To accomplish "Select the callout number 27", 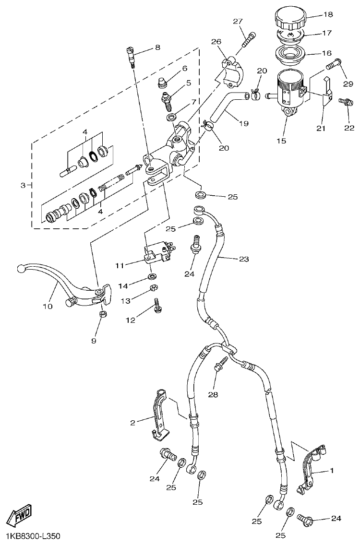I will tap(238, 21).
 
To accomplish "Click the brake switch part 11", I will tap(157, 253).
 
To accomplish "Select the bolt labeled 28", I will tap(220, 367).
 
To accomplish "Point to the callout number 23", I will tap(244, 259).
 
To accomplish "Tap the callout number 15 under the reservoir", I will tap(281, 141).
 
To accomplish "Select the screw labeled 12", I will tap(156, 305).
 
